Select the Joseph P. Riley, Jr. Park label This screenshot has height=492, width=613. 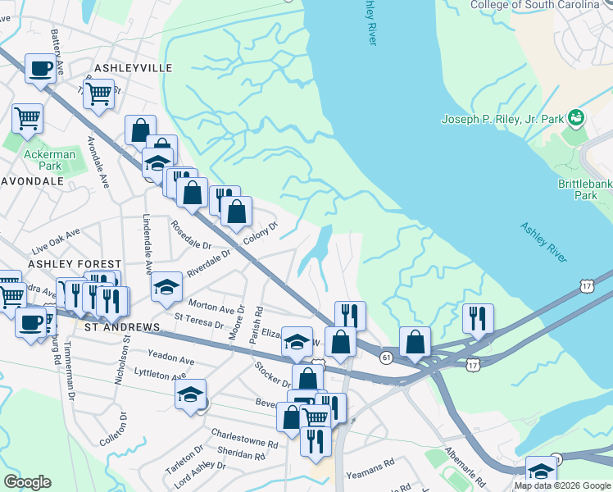click(x=502, y=119)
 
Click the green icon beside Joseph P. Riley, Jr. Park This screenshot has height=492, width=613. click(x=576, y=118)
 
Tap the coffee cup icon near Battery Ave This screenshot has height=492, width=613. click(x=40, y=69)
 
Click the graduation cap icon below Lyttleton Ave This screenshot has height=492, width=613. click(x=190, y=394)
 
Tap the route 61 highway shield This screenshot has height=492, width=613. click(x=384, y=355)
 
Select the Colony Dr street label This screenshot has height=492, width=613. click(x=261, y=234)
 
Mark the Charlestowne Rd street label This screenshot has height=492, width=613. click(x=244, y=438)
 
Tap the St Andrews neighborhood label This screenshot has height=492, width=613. click(x=122, y=327)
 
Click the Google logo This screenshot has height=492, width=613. click(x=28, y=482)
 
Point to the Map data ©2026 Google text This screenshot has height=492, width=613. click(x=561, y=485)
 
